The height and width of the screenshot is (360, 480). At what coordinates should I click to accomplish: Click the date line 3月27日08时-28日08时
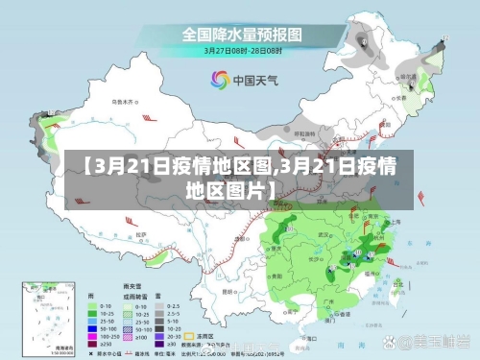pos(240,50)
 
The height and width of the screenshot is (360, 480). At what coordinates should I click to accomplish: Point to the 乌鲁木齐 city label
pos(122,101)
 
